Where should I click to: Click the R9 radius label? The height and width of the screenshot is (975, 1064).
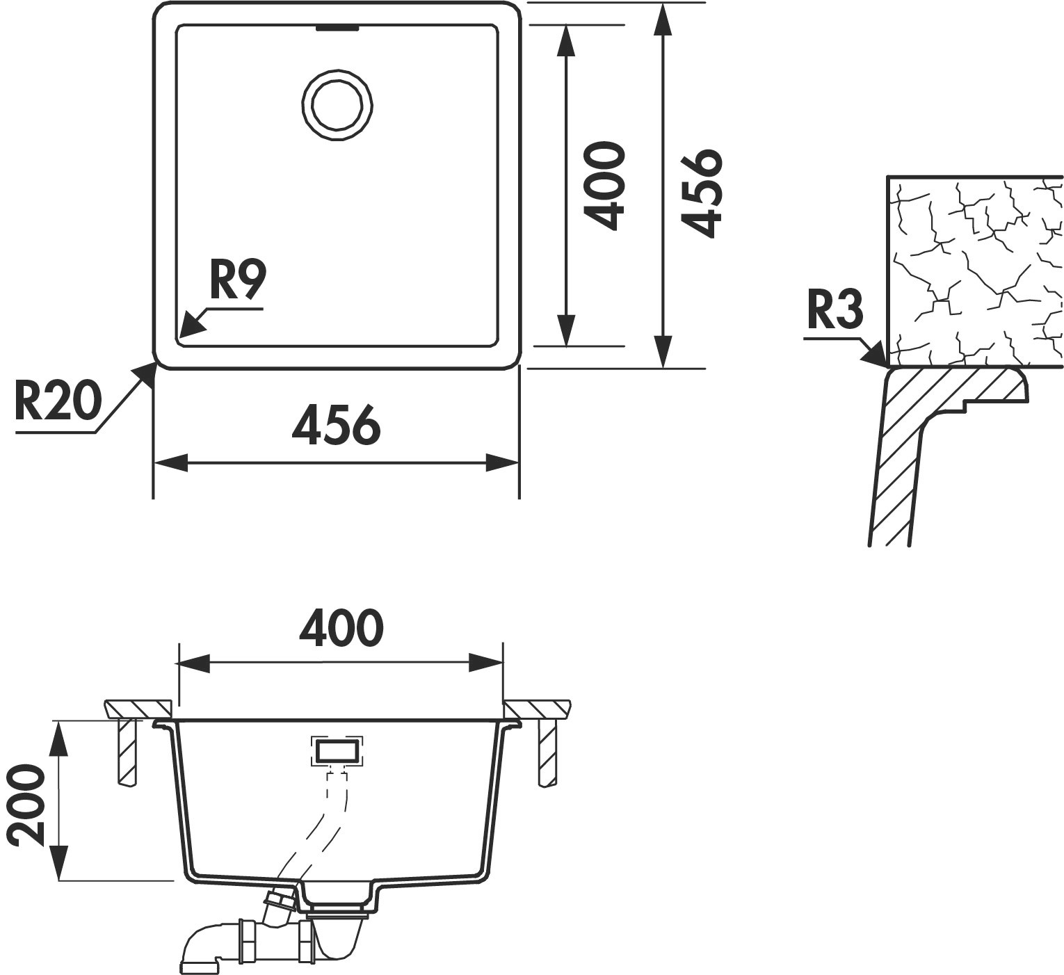(237, 281)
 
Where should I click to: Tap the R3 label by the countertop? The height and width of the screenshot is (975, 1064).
(835, 310)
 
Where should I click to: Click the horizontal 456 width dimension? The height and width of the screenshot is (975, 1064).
(337, 425)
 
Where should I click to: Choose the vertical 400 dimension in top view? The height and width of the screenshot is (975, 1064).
(604, 186)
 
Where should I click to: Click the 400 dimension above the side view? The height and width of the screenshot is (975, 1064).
(341, 628)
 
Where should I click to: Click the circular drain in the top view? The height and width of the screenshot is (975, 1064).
(337, 104)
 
